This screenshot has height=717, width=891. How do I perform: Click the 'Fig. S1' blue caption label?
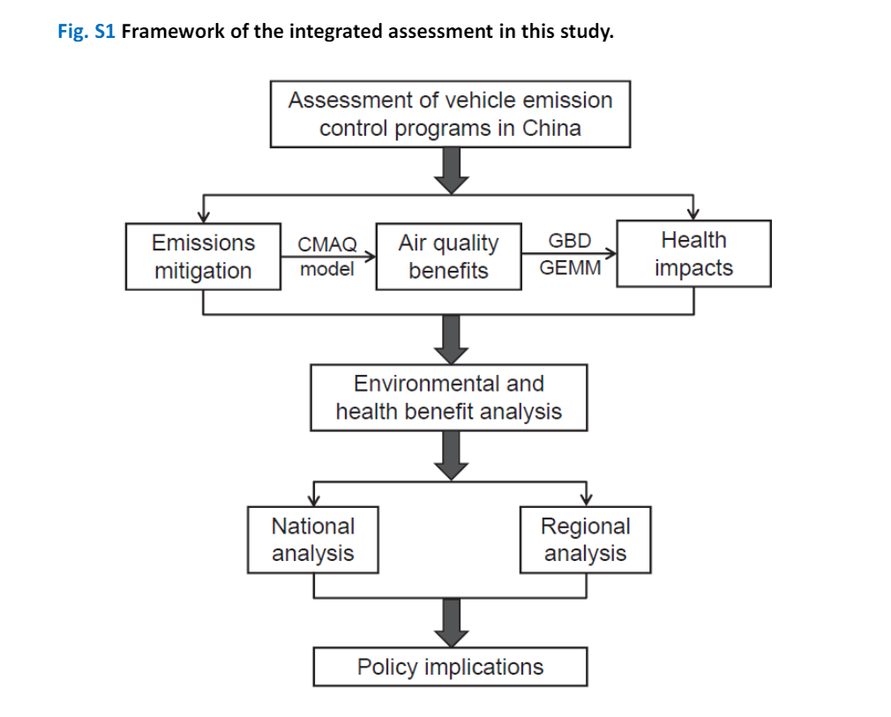point(86,31)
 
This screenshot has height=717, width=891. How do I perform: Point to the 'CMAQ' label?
point(327,244)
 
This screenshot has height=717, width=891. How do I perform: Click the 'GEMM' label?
point(570,267)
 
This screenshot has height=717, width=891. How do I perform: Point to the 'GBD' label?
point(570,241)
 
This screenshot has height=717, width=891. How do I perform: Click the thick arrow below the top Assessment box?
point(451,170)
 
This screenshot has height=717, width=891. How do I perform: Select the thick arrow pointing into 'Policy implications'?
point(451,623)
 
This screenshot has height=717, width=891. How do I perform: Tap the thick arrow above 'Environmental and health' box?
point(451,340)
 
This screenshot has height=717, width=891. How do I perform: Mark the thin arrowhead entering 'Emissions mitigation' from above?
point(204,217)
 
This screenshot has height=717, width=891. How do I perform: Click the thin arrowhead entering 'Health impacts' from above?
point(693,214)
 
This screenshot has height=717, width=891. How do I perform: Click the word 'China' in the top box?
point(551,129)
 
